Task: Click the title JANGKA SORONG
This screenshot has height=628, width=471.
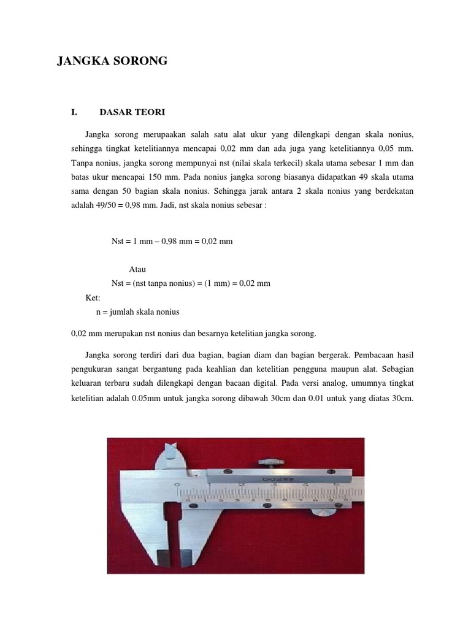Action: click(x=112, y=61)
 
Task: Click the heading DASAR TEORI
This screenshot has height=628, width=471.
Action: click(x=132, y=112)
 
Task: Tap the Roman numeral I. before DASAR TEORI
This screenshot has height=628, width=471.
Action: click(x=75, y=112)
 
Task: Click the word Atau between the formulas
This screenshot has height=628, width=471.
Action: click(x=138, y=269)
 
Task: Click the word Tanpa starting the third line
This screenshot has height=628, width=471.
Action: click(x=83, y=163)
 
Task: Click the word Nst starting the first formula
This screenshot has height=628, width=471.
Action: click(x=117, y=242)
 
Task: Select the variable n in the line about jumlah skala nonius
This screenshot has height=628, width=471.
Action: click(x=99, y=312)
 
